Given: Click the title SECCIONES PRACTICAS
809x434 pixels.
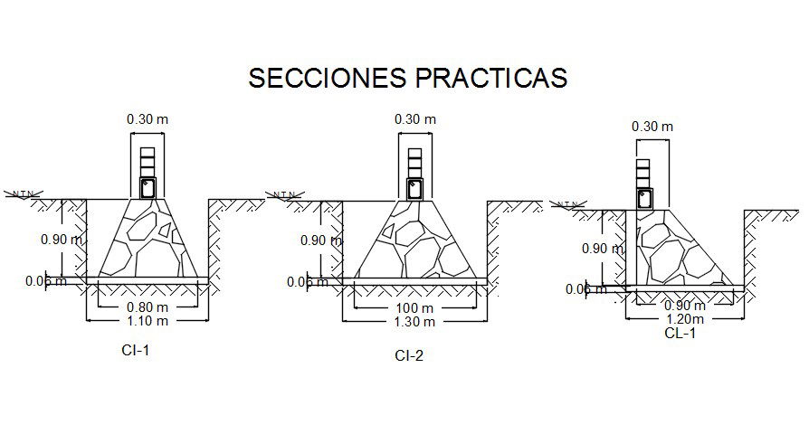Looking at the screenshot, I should (407, 78).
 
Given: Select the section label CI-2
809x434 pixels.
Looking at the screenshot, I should (409, 355).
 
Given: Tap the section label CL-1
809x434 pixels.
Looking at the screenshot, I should (680, 333).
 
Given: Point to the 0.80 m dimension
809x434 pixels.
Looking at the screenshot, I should (147, 307).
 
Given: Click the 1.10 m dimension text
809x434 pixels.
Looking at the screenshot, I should (147, 320).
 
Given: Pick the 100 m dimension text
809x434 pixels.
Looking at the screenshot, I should (414, 308).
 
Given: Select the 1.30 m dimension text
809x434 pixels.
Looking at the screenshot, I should (414, 321).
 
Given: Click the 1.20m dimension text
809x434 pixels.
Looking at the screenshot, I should (685, 318).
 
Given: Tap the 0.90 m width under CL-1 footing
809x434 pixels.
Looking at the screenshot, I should (685, 306).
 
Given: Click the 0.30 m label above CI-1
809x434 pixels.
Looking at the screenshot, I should (147, 118).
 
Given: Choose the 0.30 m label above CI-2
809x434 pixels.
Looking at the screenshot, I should (414, 118).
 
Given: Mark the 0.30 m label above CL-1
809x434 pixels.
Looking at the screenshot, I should (652, 127).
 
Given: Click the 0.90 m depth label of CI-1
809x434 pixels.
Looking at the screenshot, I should (62, 241).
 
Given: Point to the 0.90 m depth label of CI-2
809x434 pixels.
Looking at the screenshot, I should (319, 241).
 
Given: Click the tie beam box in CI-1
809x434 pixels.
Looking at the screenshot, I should (148, 188).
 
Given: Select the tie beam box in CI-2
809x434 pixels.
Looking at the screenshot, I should (414, 188).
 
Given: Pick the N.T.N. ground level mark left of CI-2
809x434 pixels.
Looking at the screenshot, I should (285, 193).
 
